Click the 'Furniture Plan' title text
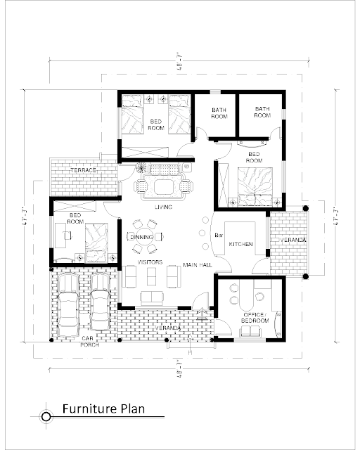tap(103, 409)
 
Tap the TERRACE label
tap(83, 170)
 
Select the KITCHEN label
tap(240, 244)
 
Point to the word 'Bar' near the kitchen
tap(219, 236)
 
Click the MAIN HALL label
tap(198, 264)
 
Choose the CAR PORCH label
tap(89, 342)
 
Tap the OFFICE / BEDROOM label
tap(255, 318)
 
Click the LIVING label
tap(163, 207)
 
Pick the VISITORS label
tap(150, 262)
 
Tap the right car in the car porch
tap(100, 302)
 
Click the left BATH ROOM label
tap(219, 113)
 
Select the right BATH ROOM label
tap(262, 112)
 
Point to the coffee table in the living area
tap(163, 187)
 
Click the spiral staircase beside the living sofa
tap(141, 167)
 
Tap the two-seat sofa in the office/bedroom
tap(250, 331)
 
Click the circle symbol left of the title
tap(46, 416)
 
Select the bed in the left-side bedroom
tap(96, 243)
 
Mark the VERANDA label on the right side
tap(293, 240)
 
